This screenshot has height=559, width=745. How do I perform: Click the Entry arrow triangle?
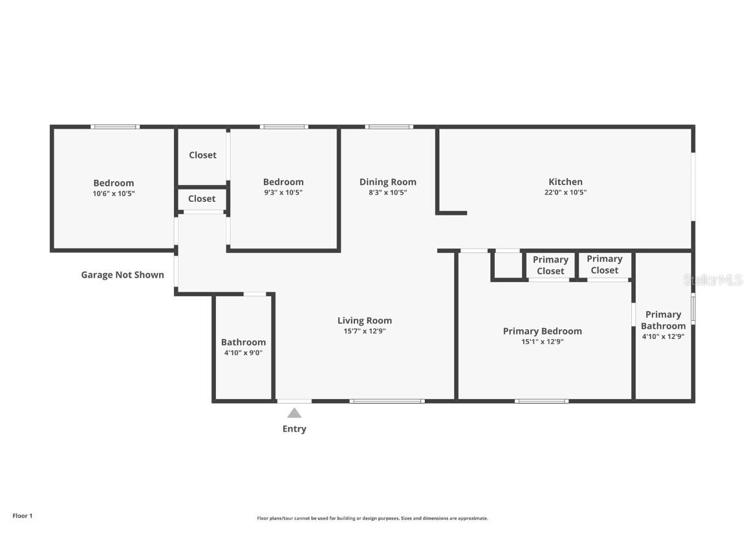(294, 413)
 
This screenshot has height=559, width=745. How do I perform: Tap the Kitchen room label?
(565, 182)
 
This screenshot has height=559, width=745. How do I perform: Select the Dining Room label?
(387, 182)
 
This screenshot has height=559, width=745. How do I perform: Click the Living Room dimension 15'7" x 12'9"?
(365, 331)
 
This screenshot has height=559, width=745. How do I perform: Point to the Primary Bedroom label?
(542, 331)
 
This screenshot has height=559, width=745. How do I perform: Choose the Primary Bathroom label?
(663, 320)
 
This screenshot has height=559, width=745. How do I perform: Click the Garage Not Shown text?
(122, 275)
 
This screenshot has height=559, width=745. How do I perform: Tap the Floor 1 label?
(22, 516)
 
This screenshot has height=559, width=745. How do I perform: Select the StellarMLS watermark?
(713, 280)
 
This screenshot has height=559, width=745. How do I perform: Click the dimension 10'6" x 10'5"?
(114, 193)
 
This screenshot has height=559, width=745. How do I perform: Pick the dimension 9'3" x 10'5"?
(283, 193)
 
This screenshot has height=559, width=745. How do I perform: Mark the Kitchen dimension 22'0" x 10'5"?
(565, 192)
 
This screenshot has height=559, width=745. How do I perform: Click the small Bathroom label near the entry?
(243, 342)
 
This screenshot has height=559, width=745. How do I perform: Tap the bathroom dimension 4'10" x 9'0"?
(243, 353)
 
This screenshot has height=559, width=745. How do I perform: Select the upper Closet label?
(202, 155)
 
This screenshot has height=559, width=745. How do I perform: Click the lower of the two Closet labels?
(202, 199)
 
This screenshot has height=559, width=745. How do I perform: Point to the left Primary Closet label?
(550, 265)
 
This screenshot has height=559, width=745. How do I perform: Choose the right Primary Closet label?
(604, 265)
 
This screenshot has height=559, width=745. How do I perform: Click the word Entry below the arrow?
(294, 429)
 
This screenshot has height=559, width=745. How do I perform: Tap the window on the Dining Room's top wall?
(389, 127)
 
